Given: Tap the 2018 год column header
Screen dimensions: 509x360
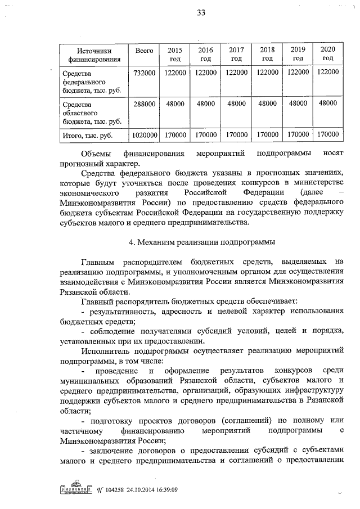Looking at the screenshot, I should click(x=267, y=54).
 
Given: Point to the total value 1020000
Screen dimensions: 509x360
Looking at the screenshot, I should click(x=145, y=135).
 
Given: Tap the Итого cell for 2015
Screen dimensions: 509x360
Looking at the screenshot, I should click(x=175, y=135).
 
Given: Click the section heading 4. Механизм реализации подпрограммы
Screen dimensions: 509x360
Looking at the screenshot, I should click(x=200, y=242).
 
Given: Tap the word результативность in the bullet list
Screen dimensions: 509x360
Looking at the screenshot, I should click(x=122, y=311).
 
